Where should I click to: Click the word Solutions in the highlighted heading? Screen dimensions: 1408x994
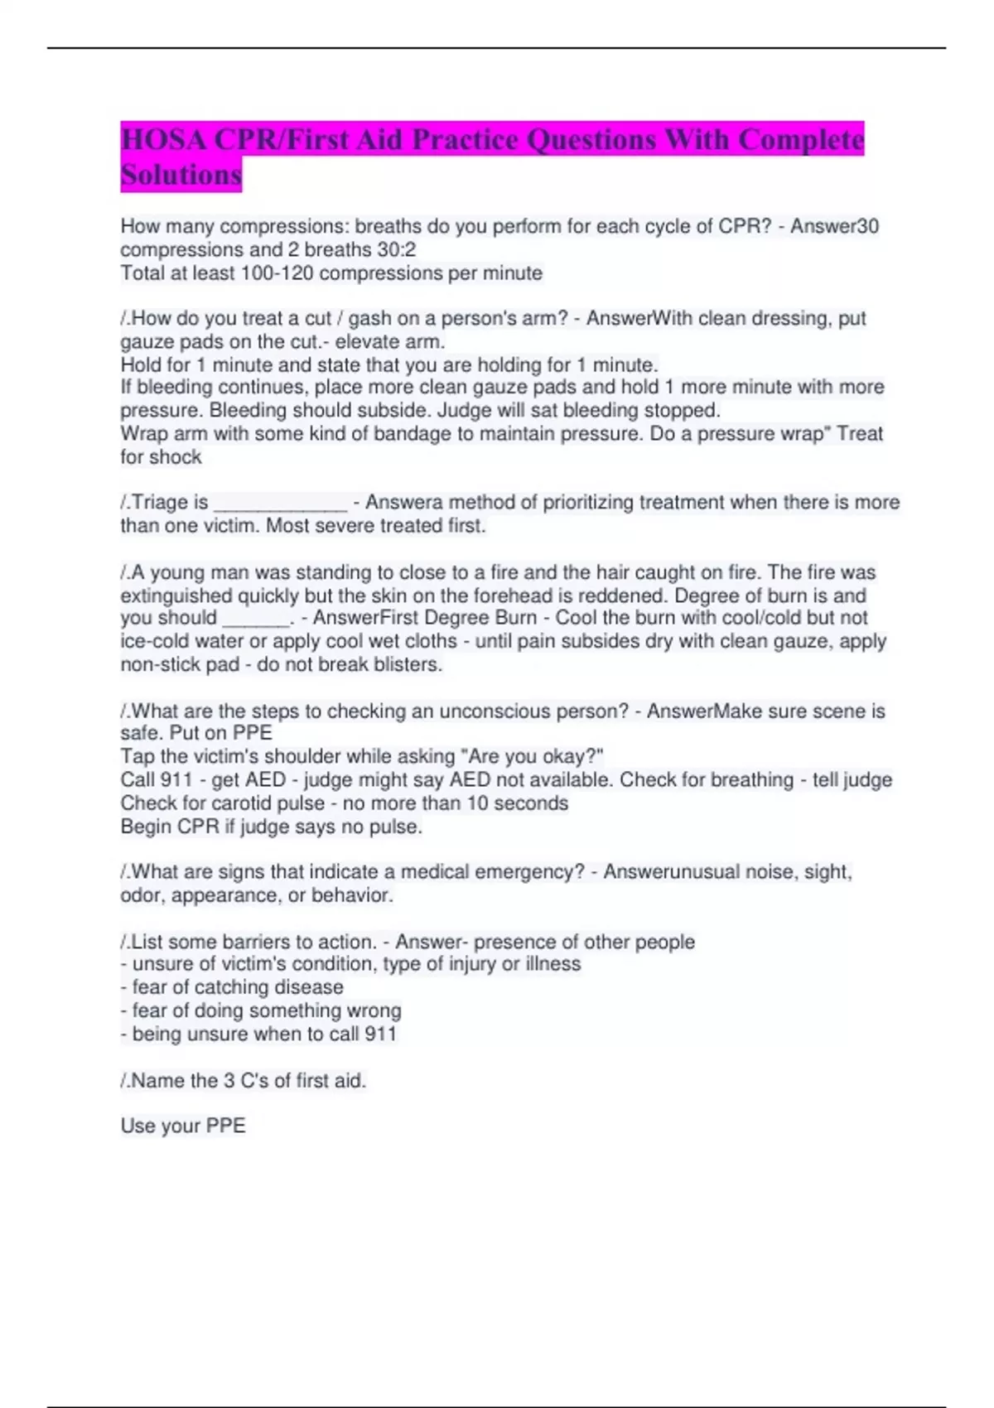[181, 175]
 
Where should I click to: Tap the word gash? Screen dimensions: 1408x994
[371, 319]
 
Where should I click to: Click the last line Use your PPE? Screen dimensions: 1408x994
[183, 1126]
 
